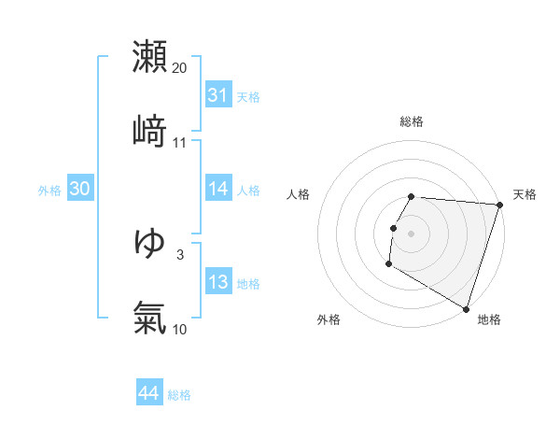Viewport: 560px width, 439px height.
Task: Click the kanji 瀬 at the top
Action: pyautogui.click(x=149, y=57)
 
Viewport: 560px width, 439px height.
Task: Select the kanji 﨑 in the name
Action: pyautogui.click(x=149, y=132)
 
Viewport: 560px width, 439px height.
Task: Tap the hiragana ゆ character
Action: pyautogui.click(x=149, y=244)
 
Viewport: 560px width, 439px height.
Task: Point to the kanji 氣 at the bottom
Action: pyautogui.click(x=149, y=319)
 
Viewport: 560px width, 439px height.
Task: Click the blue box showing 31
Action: pyautogui.click(x=217, y=95)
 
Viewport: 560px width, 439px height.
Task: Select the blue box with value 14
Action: pyautogui.click(x=217, y=189)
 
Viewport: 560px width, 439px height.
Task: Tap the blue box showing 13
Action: pyautogui.click(x=217, y=282)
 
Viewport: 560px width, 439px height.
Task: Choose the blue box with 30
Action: pyautogui.click(x=79, y=189)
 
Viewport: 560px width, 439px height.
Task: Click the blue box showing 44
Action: pyautogui.click(x=148, y=393)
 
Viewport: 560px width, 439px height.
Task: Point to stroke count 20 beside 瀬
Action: pyautogui.click(x=180, y=67)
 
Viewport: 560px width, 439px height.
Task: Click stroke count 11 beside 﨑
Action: pyautogui.click(x=180, y=142)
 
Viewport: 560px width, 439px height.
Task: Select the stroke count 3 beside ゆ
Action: pyautogui.click(x=180, y=254)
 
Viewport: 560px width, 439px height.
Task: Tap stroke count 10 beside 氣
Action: pyautogui.click(x=180, y=329)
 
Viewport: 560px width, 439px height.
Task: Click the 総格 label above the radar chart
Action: pyautogui.click(x=412, y=121)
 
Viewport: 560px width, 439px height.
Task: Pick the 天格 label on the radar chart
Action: pyautogui.click(x=525, y=194)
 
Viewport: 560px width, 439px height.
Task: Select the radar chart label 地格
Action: pyautogui.click(x=489, y=319)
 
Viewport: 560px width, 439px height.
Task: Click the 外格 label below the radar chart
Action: pyautogui.click(x=329, y=319)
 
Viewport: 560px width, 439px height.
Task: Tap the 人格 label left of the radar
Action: pyautogui.click(x=299, y=194)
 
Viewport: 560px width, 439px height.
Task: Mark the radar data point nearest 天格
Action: pyautogui.click(x=499, y=205)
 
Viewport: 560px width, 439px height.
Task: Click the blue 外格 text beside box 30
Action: pyautogui.click(x=49, y=190)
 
